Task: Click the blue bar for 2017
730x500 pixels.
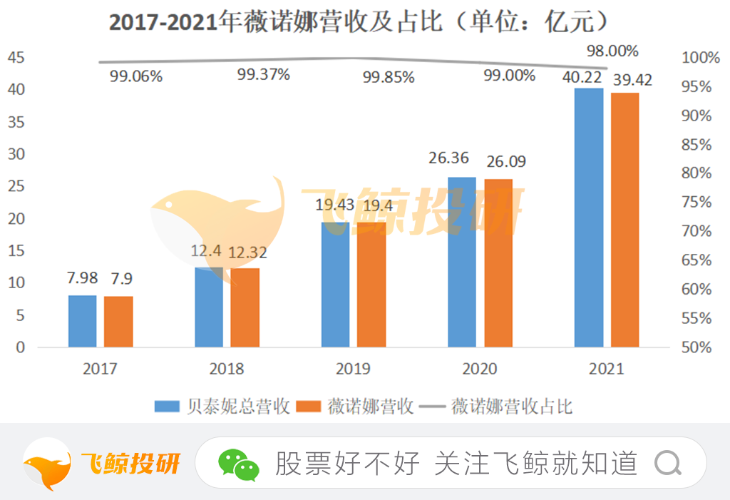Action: click(x=83, y=321)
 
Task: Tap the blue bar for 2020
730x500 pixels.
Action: click(x=461, y=262)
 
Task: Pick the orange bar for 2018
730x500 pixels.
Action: click(x=245, y=307)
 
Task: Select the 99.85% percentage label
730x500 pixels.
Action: click(x=389, y=77)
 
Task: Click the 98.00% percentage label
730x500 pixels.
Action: click(x=612, y=51)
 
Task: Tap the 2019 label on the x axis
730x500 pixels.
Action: click(x=353, y=369)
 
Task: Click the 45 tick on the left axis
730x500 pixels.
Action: click(x=16, y=57)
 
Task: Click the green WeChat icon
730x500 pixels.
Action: click(x=238, y=464)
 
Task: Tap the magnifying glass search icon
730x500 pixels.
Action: click(x=669, y=464)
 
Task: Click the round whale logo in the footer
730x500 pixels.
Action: click(x=47, y=464)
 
